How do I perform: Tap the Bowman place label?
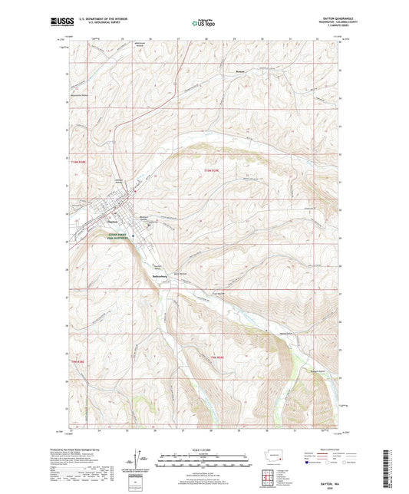(x=240, y=76)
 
